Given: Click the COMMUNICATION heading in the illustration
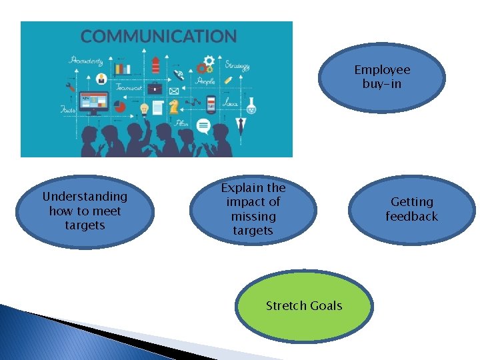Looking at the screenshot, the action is click(x=159, y=36).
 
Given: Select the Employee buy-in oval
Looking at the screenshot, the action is click(x=382, y=77).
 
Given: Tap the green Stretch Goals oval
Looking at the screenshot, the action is click(x=303, y=306).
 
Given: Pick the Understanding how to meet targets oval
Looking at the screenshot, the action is click(x=85, y=211).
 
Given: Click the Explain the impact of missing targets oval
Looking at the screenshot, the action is click(x=253, y=209).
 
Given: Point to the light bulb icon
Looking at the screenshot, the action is click(x=144, y=109).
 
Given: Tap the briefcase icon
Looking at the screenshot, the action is click(x=155, y=87).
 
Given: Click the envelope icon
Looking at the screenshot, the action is click(x=174, y=91).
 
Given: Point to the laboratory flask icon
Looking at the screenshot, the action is click(x=251, y=105).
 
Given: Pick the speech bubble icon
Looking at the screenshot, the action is click(x=203, y=126).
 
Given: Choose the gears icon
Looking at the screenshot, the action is click(x=205, y=65).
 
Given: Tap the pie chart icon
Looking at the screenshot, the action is click(x=121, y=106).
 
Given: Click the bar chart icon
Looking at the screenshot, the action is click(x=123, y=68).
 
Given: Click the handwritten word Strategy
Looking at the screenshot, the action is click(x=237, y=65).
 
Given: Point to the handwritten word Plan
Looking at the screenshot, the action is click(x=181, y=123).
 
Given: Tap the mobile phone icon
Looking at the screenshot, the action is click(x=211, y=104).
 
